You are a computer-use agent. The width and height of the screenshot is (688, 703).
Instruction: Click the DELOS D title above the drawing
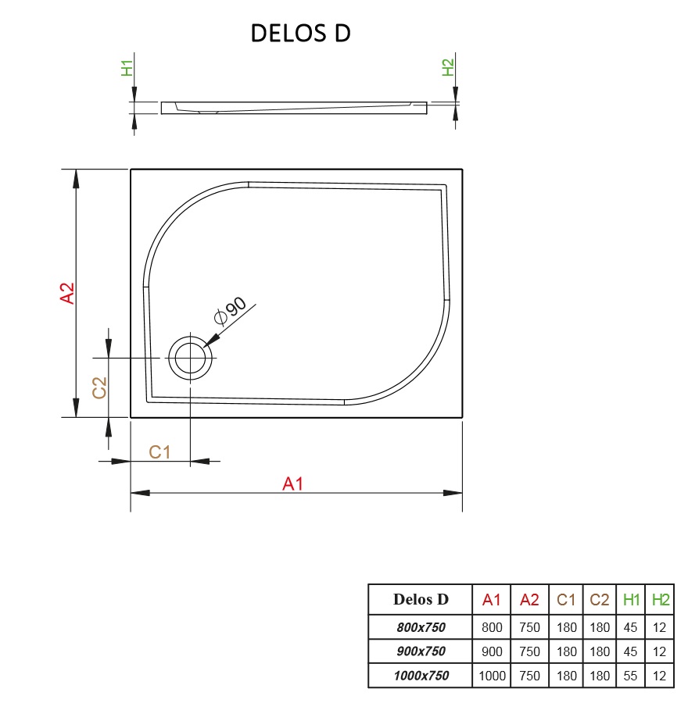tap(300, 34)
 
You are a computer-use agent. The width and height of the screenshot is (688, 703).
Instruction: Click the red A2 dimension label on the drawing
tap(68, 293)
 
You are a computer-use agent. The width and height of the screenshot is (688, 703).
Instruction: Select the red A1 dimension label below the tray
tap(292, 484)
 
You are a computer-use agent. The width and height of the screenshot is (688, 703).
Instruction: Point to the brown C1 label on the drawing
tap(159, 451)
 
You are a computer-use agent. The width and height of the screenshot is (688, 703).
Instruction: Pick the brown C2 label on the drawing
tap(99, 387)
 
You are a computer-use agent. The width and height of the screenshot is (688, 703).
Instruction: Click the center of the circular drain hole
tap(190, 359)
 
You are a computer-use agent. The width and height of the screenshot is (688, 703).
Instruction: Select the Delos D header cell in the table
tap(421, 600)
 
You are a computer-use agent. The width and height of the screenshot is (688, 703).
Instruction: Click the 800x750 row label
tap(421, 626)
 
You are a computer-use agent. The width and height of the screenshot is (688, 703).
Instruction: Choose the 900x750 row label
tap(421, 651)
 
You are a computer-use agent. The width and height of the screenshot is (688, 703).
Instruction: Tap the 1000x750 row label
tap(421, 676)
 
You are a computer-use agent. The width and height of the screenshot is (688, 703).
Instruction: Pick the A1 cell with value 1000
tap(492, 676)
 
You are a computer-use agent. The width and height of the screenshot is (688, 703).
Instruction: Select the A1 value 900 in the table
tap(492, 651)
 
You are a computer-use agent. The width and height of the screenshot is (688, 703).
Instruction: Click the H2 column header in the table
tap(661, 600)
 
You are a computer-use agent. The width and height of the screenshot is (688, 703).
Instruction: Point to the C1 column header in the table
tap(566, 600)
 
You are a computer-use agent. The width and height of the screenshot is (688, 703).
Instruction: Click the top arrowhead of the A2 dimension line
tap(76, 178)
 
